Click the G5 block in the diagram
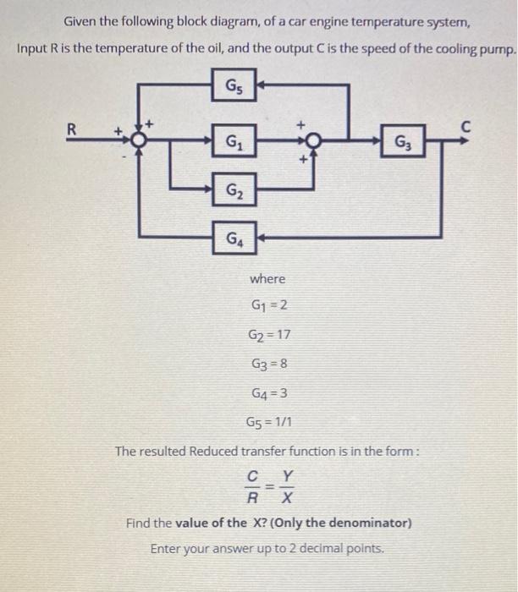coord(234,85)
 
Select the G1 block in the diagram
coord(234,141)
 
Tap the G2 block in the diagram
coord(234,189)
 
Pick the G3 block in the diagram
coord(403,141)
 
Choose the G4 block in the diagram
coord(234,238)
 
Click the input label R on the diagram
coord(71,129)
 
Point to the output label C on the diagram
coord(466,127)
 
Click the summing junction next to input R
coord(139,140)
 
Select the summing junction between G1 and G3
coord(313,141)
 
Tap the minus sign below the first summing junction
coord(124,155)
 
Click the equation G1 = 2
coord(269,304)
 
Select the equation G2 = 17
coord(269,334)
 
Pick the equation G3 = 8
coord(269,364)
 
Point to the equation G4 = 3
coord(269,393)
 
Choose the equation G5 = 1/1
coord(268,421)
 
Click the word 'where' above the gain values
coord(267,279)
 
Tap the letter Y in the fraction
coord(288,475)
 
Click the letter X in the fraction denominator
coord(287,498)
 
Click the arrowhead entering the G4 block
coord(261,238)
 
